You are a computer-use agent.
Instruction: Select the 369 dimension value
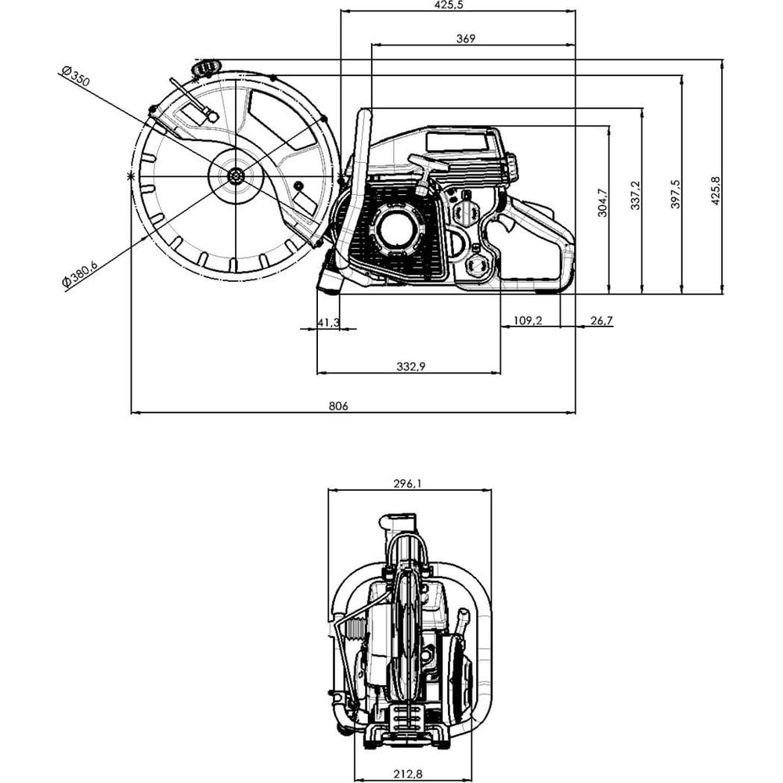pyautogui.click(x=466, y=38)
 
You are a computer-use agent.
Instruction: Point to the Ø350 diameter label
pyautogui.click(x=76, y=75)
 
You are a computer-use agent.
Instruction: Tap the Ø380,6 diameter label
pyautogui.click(x=80, y=273)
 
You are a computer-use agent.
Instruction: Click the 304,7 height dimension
pyautogui.click(x=603, y=202)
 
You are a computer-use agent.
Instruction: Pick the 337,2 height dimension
pyautogui.click(x=635, y=195)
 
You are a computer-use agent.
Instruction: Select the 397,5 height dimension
pyautogui.click(x=675, y=194)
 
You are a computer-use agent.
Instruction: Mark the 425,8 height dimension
pyautogui.click(x=716, y=191)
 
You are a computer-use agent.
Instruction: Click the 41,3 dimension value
pyautogui.click(x=329, y=322)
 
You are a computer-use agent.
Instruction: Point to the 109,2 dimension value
pyautogui.click(x=527, y=320)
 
